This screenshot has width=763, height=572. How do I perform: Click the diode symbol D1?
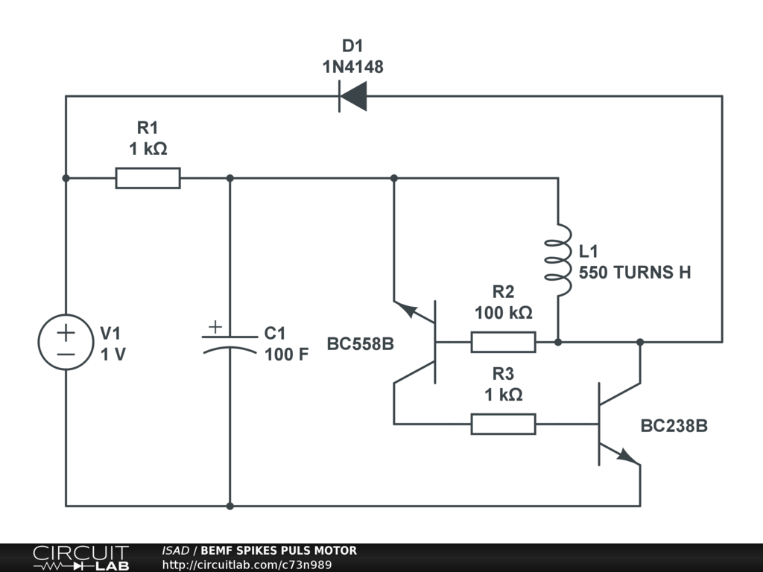tap(352, 96)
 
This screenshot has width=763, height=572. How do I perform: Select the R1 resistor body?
tap(148, 178)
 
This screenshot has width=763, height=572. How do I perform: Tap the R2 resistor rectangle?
tap(503, 342)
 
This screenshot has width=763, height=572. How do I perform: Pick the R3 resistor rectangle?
tap(503, 424)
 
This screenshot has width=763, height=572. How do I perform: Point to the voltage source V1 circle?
tap(66, 342)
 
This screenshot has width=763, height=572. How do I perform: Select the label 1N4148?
tap(352, 66)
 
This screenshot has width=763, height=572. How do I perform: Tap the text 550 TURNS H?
tap(635, 273)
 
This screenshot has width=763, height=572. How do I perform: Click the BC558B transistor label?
tap(360, 344)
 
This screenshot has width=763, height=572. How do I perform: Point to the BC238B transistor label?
tap(674, 425)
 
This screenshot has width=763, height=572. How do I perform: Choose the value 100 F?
tap(286, 355)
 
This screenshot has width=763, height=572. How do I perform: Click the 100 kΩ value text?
tap(503, 313)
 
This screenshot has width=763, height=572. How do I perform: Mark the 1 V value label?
tap(113, 355)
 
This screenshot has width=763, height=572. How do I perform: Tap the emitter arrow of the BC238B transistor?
tap(629, 457)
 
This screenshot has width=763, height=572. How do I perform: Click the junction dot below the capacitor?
tap(229, 506)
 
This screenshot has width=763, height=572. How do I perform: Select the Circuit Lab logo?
tap(80, 558)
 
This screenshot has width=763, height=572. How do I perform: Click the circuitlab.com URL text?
tap(247, 565)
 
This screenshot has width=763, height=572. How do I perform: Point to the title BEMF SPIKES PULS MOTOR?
tap(279, 550)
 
